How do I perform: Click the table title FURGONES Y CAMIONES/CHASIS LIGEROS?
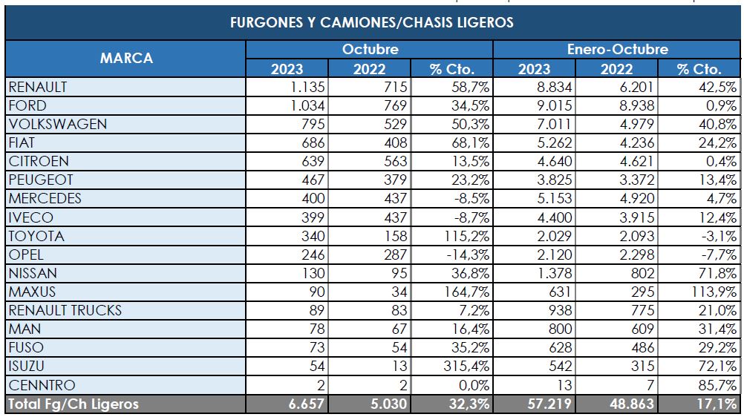coord(372,22)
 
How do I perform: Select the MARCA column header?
coord(126,59)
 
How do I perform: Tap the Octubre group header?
coord(370,50)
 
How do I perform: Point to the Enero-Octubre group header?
coord(617,50)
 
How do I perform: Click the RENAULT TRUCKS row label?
coord(65,311)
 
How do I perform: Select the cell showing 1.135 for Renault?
coord(304,87)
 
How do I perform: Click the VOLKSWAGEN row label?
coord(57,124)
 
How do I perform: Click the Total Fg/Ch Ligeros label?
coord(73,404)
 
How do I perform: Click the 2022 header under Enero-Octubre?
coord(617,69)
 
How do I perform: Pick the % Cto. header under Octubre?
coord(452,69)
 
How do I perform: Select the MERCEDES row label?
coord(45,199)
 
